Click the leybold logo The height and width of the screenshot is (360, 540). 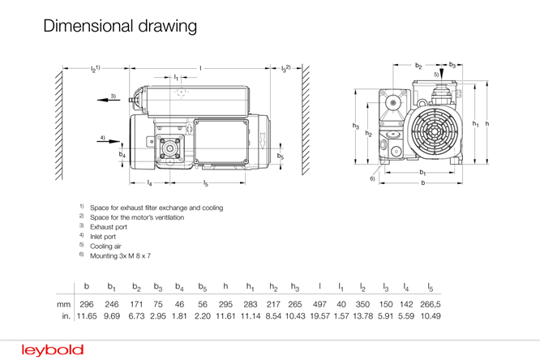tap(53, 350)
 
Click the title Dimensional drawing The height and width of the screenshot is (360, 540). tap(120, 26)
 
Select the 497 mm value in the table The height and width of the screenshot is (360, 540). tap(319, 304)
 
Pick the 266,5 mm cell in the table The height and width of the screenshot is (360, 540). tap(431, 304)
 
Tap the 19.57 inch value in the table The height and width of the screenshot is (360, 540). tap(320, 316)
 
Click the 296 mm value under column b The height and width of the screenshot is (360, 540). tap(87, 304)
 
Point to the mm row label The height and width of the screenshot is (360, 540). tap(64, 305)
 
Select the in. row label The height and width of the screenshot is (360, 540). tap(66, 316)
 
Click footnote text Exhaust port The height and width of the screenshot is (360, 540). tap(109, 227)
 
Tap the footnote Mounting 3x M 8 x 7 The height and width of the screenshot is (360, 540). tap(120, 256)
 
